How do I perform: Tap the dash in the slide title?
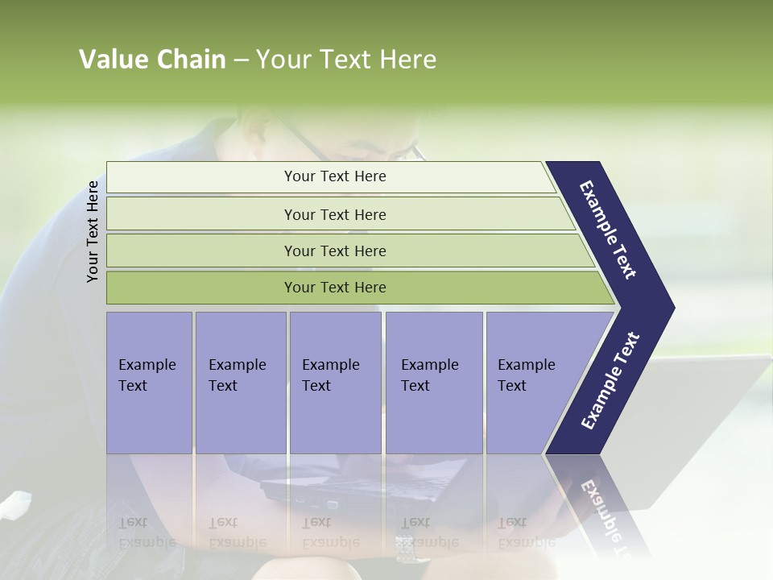click(241, 60)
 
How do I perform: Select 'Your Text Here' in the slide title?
click(346, 60)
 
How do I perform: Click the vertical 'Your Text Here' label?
click(93, 231)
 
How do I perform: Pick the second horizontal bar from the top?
click(335, 214)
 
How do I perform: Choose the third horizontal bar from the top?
click(335, 251)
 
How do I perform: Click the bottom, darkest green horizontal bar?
click(335, 288)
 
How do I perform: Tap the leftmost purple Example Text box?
click(149, 383)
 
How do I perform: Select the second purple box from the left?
click(240, 383)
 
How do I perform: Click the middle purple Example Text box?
click(335, 383)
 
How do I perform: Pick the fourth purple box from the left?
click(434, 383)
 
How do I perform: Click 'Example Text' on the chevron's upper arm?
click(609, 230)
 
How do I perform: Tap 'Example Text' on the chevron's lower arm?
click(610, 381)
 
